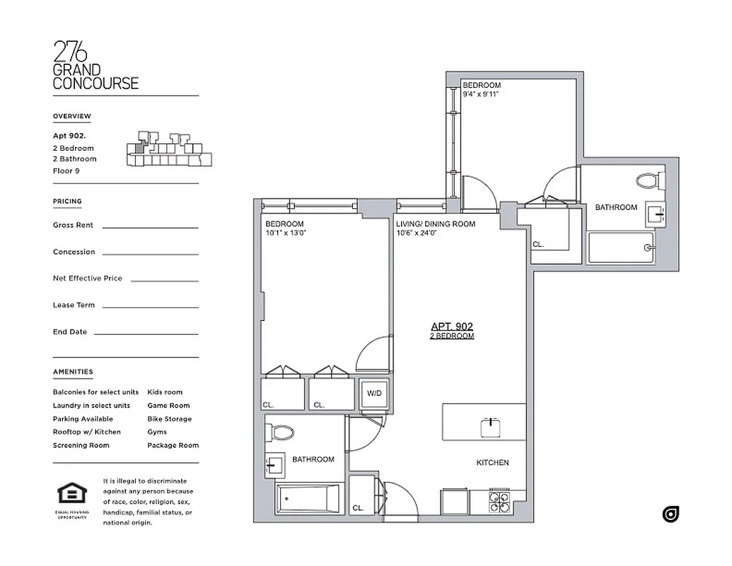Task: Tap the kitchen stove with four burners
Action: (x=499, y=501)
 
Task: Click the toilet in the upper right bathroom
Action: (x=649, y=180)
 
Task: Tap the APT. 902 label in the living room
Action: (x=452, y=326)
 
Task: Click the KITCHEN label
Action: (x=492, y=463)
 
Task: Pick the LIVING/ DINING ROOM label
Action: (x=435, y=224)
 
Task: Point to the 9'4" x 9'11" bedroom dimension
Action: (x=482, y=94)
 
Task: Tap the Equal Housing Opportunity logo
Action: (x=71, y=496)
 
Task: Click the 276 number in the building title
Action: (x=71, y=52)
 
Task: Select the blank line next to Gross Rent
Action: (x=150, y=226)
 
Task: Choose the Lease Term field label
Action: (x=74, y=306)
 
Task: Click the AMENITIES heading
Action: (x=73, y=372)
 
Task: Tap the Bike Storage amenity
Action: (x=169, y=419)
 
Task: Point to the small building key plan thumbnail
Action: (x=168, y=149)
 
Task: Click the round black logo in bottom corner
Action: (x=670, y=514)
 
